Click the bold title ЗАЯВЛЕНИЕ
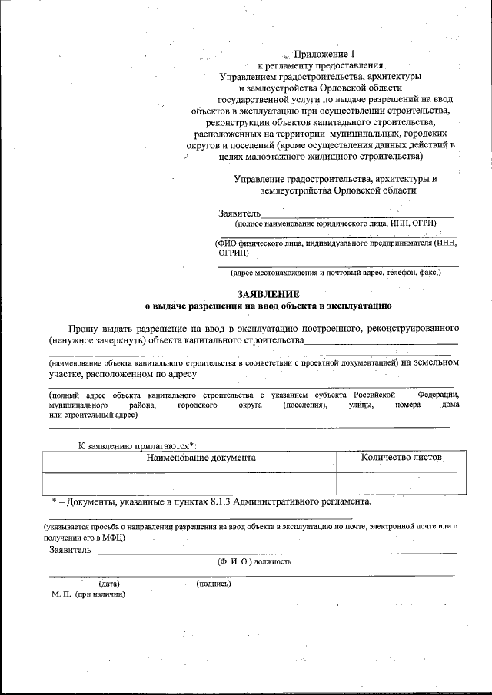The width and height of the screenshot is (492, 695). point(268,294)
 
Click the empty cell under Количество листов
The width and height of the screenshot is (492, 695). point(401,482)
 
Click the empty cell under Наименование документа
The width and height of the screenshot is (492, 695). point(189,482)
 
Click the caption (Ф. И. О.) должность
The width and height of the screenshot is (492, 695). point(254,561)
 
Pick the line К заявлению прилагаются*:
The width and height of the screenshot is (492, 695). point(138,445)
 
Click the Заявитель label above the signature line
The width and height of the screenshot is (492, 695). point(70,550)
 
